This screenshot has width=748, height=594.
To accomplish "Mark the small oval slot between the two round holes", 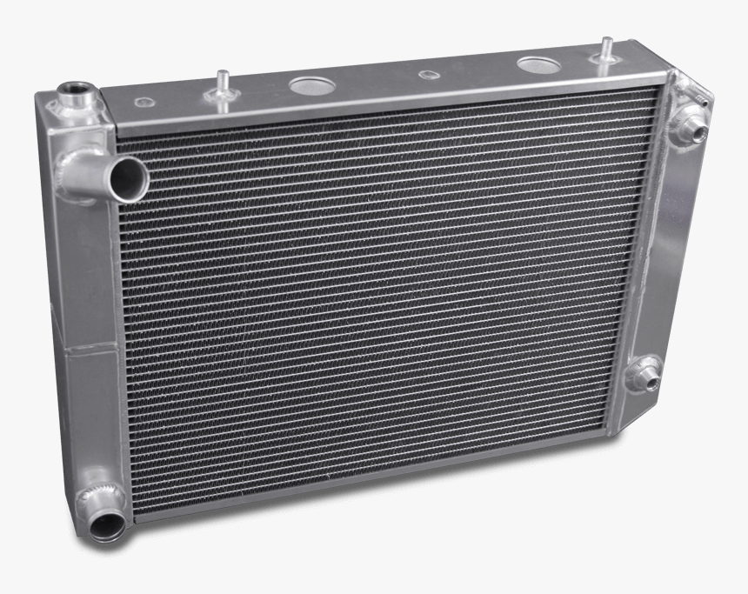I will click(x=427, y=74).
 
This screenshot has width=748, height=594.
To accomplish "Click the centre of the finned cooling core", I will click(x=383, y=287).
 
